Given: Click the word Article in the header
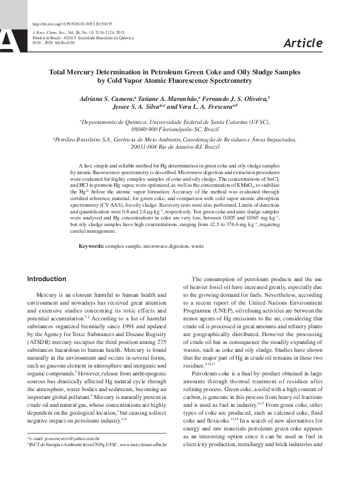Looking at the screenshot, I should coord(303,42).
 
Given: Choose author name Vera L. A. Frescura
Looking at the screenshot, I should coord(202,107).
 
